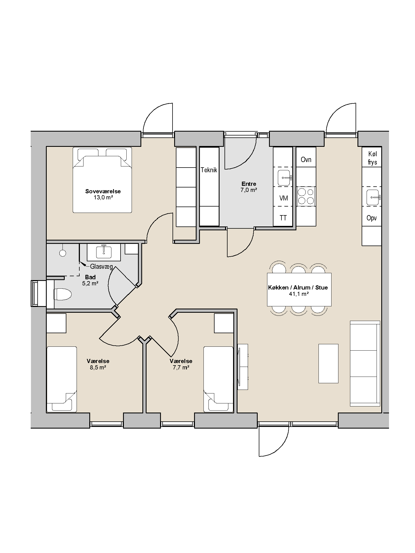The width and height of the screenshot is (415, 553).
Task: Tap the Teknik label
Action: click(209, 170)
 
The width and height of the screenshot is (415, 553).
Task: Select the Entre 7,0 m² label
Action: click(249, 187)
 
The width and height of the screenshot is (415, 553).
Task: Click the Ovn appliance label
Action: click(306, 160)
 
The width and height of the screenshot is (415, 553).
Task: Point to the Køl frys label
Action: click(372, 158)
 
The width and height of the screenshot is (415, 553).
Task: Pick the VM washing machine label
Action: click(284, 198)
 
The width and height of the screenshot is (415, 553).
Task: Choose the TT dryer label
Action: click(283, 218)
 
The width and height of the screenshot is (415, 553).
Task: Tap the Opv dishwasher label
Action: click(372, 218)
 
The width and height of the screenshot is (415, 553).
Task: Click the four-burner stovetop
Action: click(306, 196)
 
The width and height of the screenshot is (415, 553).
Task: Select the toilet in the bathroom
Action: click(62, 294)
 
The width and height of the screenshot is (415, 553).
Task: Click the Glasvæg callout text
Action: click(101, 267)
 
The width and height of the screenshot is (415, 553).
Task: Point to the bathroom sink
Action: click(104, 252)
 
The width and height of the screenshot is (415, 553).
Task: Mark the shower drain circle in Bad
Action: click(62, 253)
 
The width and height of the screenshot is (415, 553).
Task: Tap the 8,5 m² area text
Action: click(98, 367)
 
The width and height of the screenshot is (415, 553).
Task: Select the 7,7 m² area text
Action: click(181, 367)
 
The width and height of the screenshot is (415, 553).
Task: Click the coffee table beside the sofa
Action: click(328, 363)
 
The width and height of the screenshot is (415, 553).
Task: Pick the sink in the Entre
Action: click(285, 178)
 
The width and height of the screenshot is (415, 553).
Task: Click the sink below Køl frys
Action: click(373, 197)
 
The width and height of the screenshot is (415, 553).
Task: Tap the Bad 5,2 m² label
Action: click(90, 280)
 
